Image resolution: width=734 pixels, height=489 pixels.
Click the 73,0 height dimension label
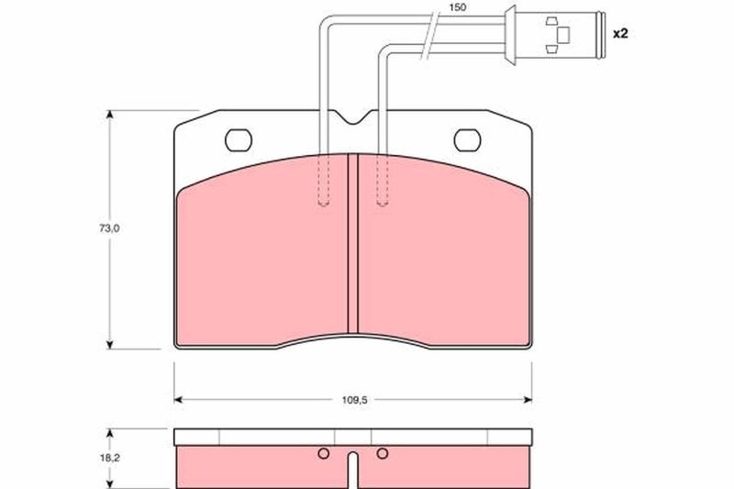[x=109, y=228]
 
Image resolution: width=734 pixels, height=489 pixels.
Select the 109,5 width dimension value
[x=354, y=400]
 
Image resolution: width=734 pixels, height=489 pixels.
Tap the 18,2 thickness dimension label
[x=109, y=458]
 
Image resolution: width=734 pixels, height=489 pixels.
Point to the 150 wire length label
[x=457, y=7]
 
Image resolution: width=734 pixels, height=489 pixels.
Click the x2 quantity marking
[x=620, y=33]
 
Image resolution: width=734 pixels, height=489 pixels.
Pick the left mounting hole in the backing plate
[x=239, y=140]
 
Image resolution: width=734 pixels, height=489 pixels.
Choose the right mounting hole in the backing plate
[x=467, y=140]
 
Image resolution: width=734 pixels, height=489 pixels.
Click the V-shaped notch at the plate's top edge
[x=354, y=117]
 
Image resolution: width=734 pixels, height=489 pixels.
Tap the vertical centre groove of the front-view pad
[x=353, y=243]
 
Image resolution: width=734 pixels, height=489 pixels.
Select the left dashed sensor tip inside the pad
[x=323, y=180]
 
